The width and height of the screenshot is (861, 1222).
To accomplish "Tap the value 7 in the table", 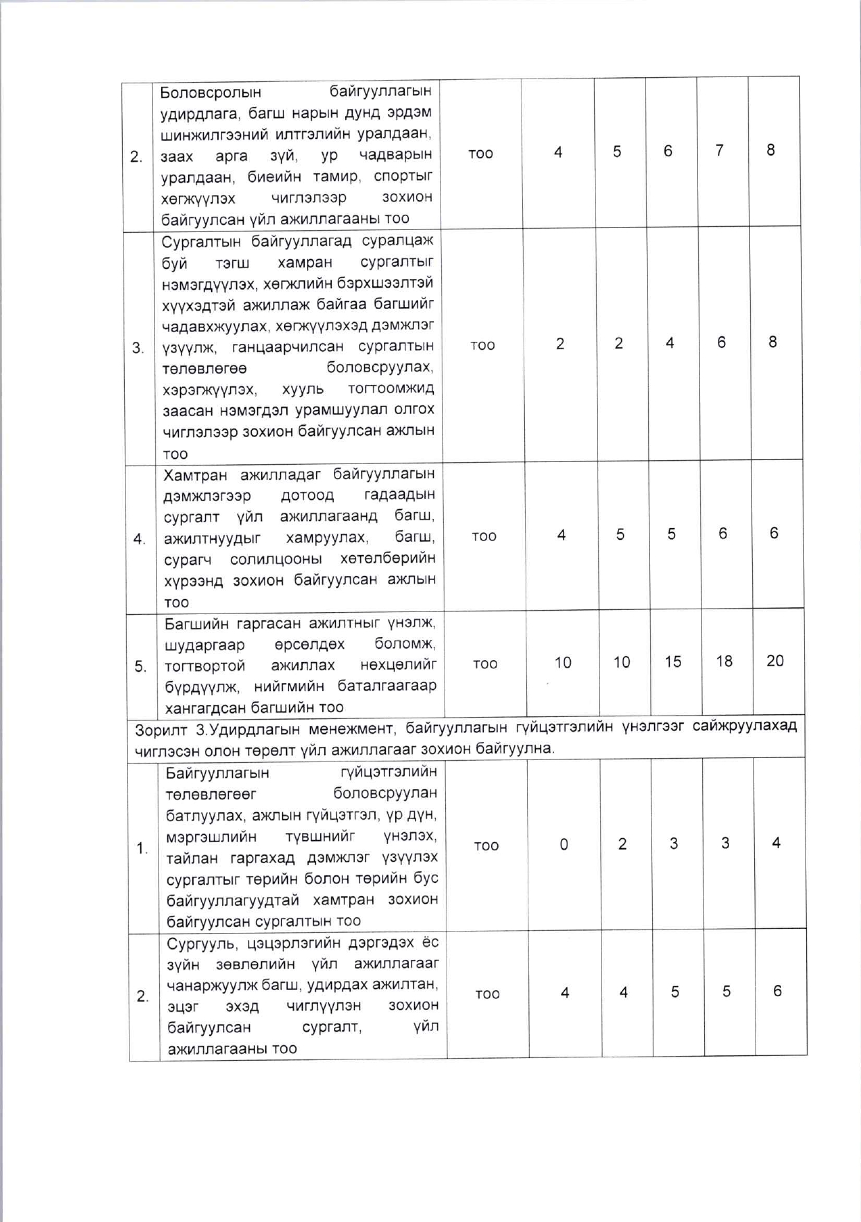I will (x=719, y=151).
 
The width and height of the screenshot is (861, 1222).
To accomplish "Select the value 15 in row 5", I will (x=672, y=661).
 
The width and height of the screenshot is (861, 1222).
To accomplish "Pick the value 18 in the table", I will (x=724, y=661).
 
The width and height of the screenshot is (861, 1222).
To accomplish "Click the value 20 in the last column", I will (x=775, y=661).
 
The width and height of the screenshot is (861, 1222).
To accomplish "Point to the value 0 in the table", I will (x=564, y=845).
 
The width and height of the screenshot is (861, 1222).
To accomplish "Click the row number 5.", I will (x=140, y=667).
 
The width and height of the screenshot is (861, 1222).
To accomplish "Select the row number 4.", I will (x=139, y=539).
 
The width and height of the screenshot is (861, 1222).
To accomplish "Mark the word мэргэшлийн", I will (x=211, y=837).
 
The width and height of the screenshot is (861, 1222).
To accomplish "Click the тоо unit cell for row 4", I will (x=484, y=536).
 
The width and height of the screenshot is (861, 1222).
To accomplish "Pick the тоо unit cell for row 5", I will (x=485, y=664).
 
